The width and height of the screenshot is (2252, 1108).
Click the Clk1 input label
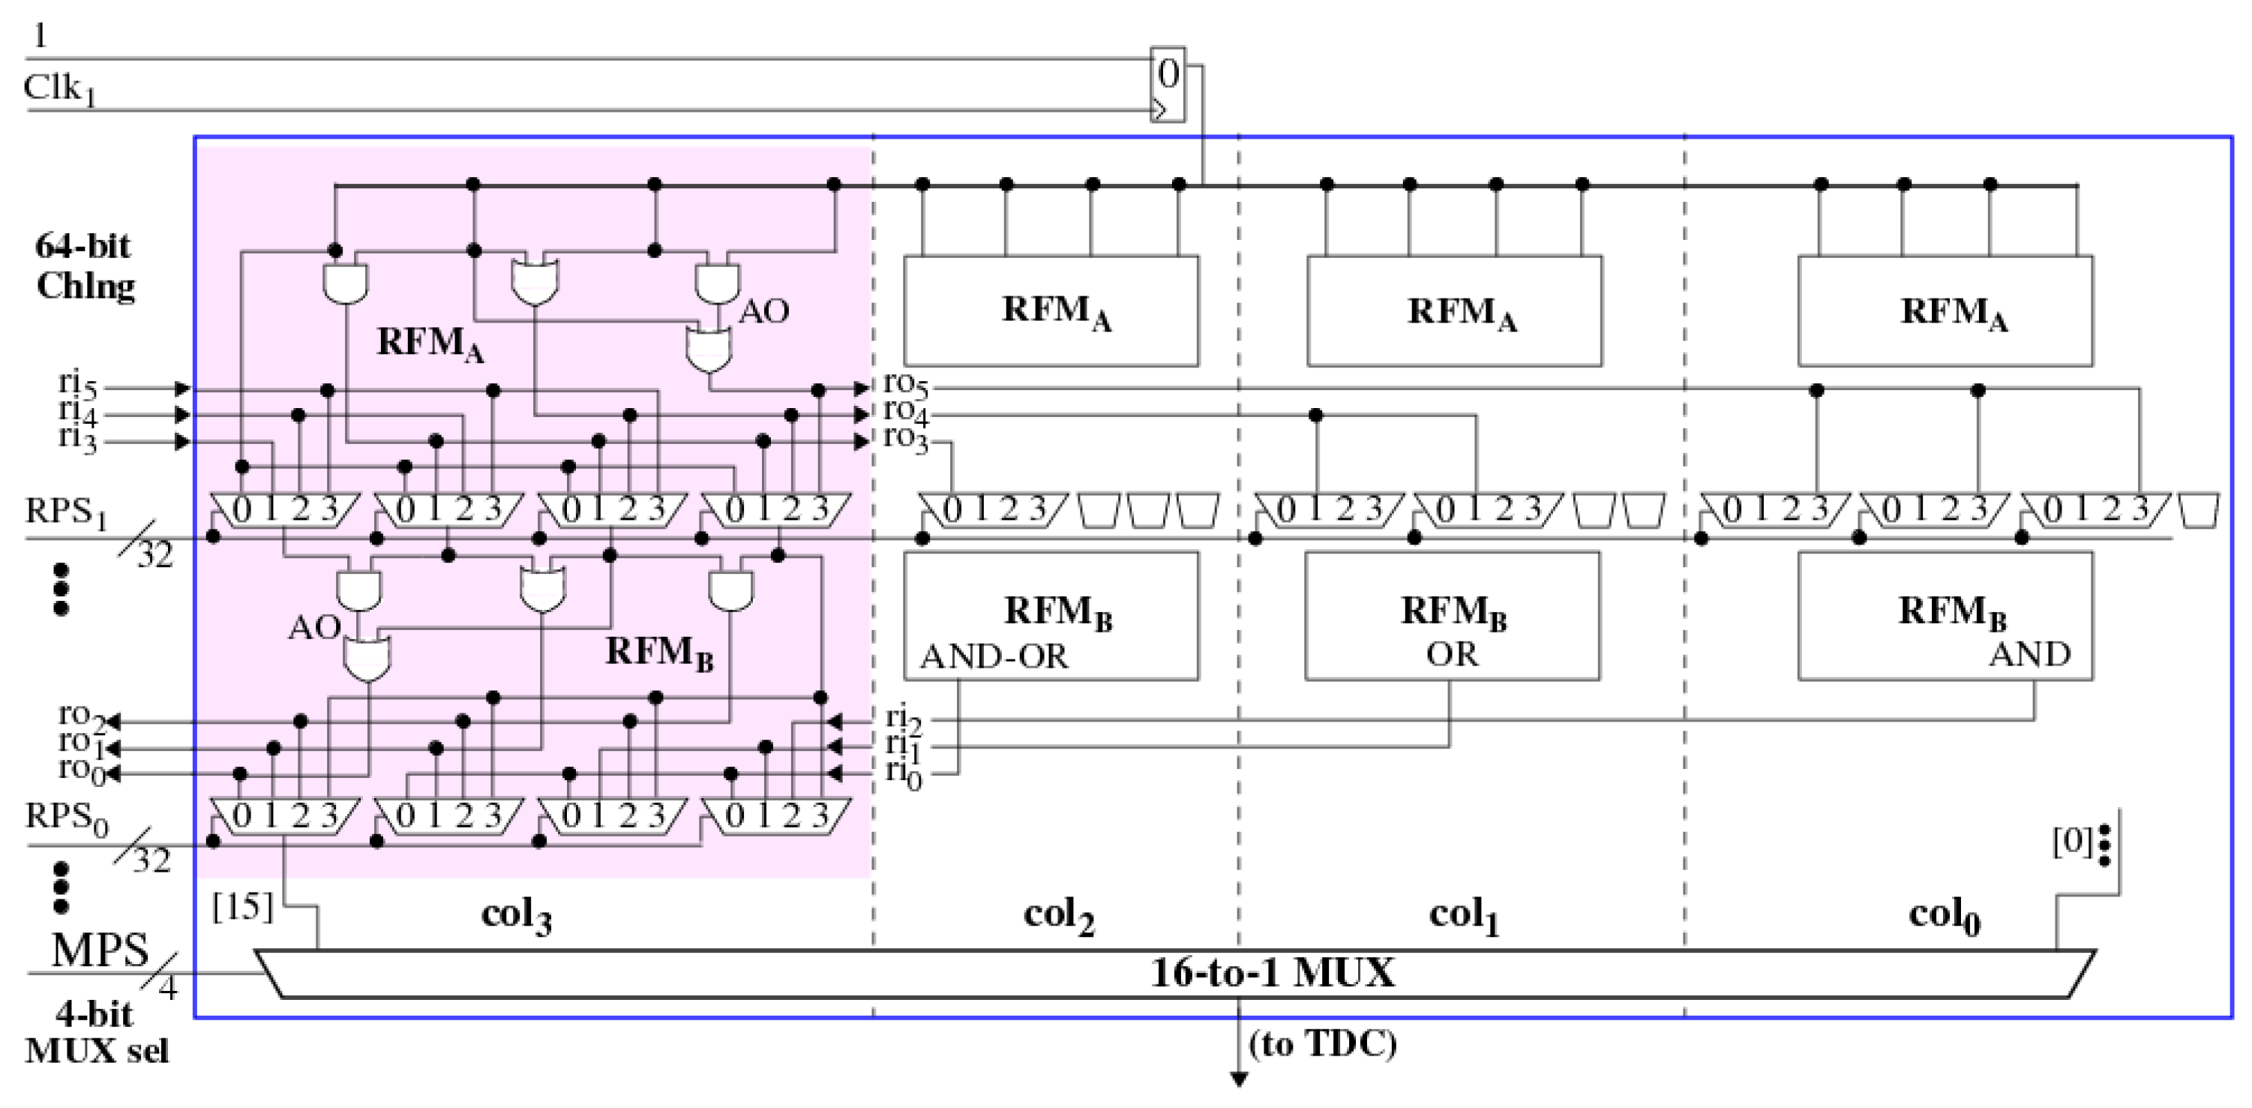click(58, 89)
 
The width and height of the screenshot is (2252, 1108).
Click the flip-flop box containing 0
click(1168, 84)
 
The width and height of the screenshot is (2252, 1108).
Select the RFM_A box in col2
click(1051, 311)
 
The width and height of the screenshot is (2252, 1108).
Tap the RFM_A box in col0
click(1945, 311)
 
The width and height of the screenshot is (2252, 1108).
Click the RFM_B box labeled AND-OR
click(1051, 616)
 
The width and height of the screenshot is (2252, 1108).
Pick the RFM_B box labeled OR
click(1452, 616)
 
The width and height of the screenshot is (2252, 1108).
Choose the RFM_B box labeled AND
click(1945, 616)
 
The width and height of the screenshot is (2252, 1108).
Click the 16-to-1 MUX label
click(1272, 973)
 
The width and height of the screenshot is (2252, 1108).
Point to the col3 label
click(516, 916)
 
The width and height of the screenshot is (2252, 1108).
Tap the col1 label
click(1463, 916)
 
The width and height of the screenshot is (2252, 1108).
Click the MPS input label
click(99, 950)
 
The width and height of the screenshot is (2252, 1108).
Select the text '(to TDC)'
click(1323, 1043)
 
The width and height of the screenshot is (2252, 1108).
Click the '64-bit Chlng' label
click(85, 266)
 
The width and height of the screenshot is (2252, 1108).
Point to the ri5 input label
click(77, 385)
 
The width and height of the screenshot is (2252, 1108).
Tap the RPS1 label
click(65, 512)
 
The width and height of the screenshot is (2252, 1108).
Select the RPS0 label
click(65, 818)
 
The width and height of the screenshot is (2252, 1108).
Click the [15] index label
click(242, 907)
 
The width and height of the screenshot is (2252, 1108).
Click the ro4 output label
click(905, 411)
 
